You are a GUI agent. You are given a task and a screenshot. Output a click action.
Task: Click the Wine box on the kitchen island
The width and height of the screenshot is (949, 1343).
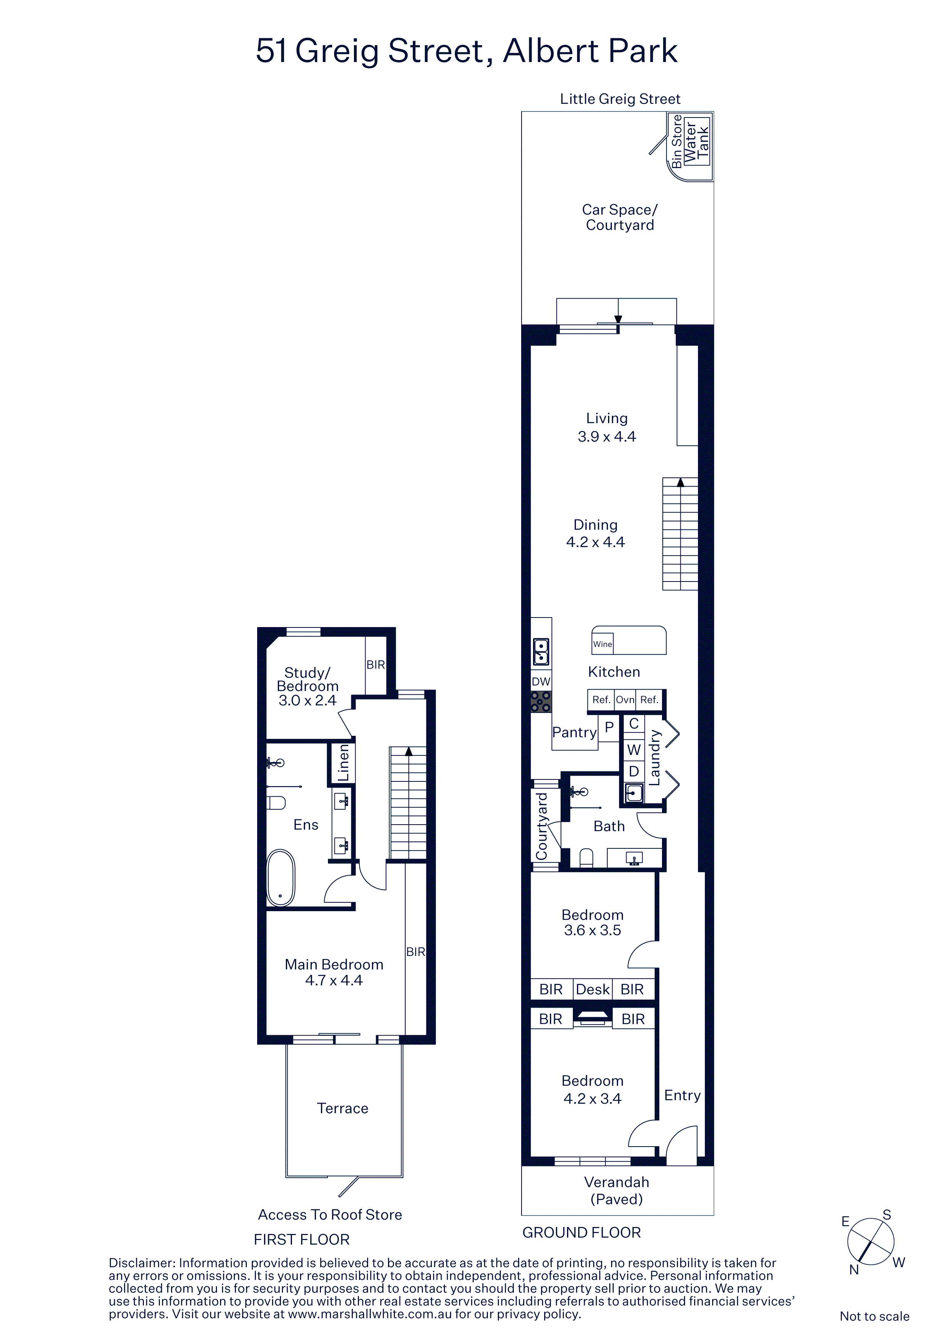tap(602, 644)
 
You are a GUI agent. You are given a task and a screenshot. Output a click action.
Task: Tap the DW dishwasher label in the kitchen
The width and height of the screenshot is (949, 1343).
tap(541, 681)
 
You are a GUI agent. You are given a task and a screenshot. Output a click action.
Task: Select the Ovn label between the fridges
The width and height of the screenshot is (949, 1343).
tap(625, 699)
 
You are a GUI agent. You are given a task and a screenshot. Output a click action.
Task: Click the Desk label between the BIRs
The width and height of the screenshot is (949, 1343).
tap(593, 989)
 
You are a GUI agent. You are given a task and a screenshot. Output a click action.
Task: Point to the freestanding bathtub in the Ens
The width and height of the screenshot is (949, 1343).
tap(280, 877)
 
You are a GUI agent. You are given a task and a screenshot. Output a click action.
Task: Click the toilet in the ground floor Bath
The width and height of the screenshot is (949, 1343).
tap(586, 858)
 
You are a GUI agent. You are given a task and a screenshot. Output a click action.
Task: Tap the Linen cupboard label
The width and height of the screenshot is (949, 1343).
tap(343, 763)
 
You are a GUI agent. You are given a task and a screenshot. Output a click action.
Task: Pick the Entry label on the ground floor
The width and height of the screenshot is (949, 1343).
tap(682, 1096)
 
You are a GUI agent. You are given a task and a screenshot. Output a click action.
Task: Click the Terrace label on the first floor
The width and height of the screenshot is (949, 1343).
tap(342, 1108)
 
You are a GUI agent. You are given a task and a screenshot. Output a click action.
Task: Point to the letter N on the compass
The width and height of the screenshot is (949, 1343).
tap(854, 1270)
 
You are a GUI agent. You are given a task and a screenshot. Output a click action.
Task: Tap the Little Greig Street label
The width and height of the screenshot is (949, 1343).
tap(620, 99)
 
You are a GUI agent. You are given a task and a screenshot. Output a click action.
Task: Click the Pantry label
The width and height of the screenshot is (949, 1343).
tap(574, 732)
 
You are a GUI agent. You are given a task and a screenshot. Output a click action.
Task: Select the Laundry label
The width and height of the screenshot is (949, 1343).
tap(655, 758)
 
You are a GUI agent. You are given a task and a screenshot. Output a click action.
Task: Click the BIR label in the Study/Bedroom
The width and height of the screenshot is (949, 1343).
tap(375, 665)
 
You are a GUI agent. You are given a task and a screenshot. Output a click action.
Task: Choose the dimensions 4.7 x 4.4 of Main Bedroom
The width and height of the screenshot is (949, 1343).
tap(334, 980)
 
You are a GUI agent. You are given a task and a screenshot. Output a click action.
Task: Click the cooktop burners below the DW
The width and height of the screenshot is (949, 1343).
tap(541, 701)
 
